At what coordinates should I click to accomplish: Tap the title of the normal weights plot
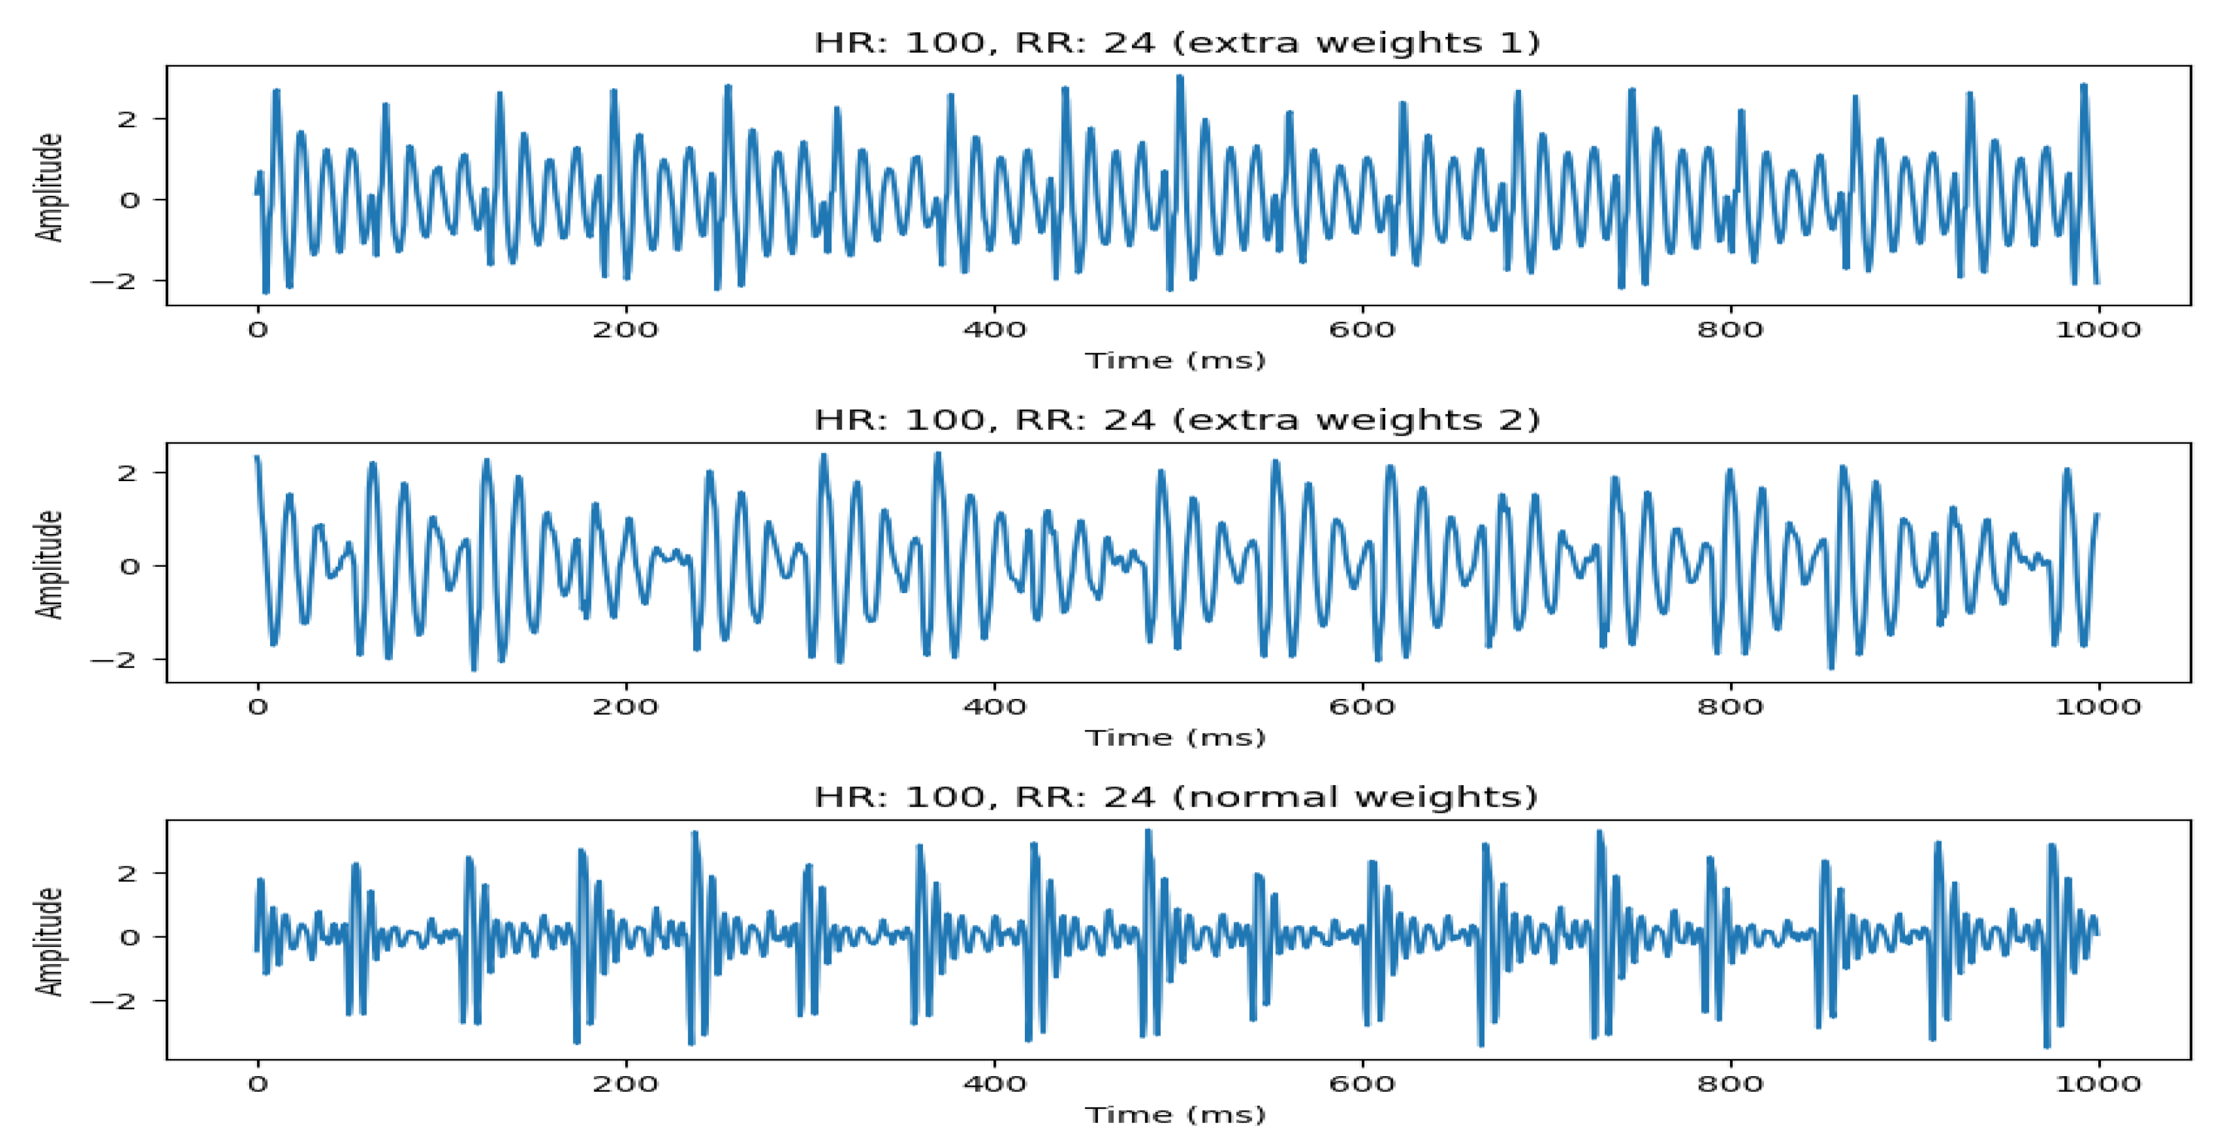click(1176, 796)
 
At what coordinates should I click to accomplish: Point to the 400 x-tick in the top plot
click(995, 329)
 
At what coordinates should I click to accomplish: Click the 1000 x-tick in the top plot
click(2098, 329)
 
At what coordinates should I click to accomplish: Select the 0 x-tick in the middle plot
click(257, 706)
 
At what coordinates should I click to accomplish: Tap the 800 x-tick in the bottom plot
click(1730, 1084)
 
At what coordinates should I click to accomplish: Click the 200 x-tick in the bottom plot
click(625, 1084)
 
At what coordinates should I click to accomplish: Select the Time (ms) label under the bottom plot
click(1175, 1115)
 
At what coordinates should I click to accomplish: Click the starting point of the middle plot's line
click(256, 457)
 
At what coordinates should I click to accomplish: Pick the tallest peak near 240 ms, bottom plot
click(694, 833)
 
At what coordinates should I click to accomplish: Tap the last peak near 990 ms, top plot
click(2084, 86)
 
